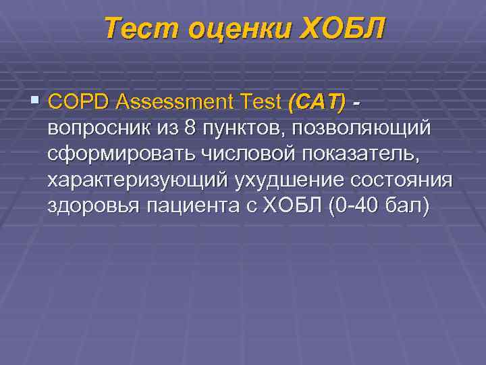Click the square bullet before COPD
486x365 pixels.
[x=36, y=101]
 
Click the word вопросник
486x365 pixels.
[x=98, y=128]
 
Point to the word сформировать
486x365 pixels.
[x=121, y=154]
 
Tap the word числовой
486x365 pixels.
[x=247, y=154]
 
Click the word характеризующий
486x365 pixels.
[x=139, y=180]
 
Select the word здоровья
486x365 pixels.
[x=94, y=206]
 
